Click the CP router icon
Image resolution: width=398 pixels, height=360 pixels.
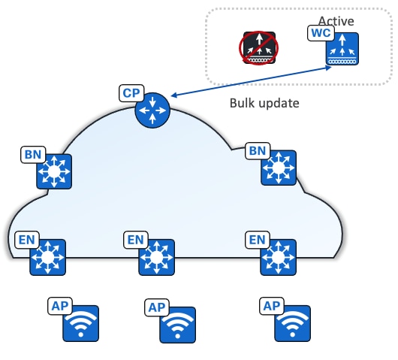153,113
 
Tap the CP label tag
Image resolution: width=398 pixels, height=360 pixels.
131,94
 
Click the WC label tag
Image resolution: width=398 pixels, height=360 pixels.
319,33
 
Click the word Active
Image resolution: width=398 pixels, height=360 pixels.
336,20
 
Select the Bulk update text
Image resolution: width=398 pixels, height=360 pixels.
264,102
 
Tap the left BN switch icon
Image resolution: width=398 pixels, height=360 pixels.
53,172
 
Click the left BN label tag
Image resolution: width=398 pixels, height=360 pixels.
33,155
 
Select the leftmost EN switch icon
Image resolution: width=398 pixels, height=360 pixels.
48,258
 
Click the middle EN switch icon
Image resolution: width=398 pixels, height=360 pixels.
157,258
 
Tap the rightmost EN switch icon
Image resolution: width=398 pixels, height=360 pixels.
278,258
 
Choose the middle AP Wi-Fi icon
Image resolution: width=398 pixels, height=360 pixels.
177,325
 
